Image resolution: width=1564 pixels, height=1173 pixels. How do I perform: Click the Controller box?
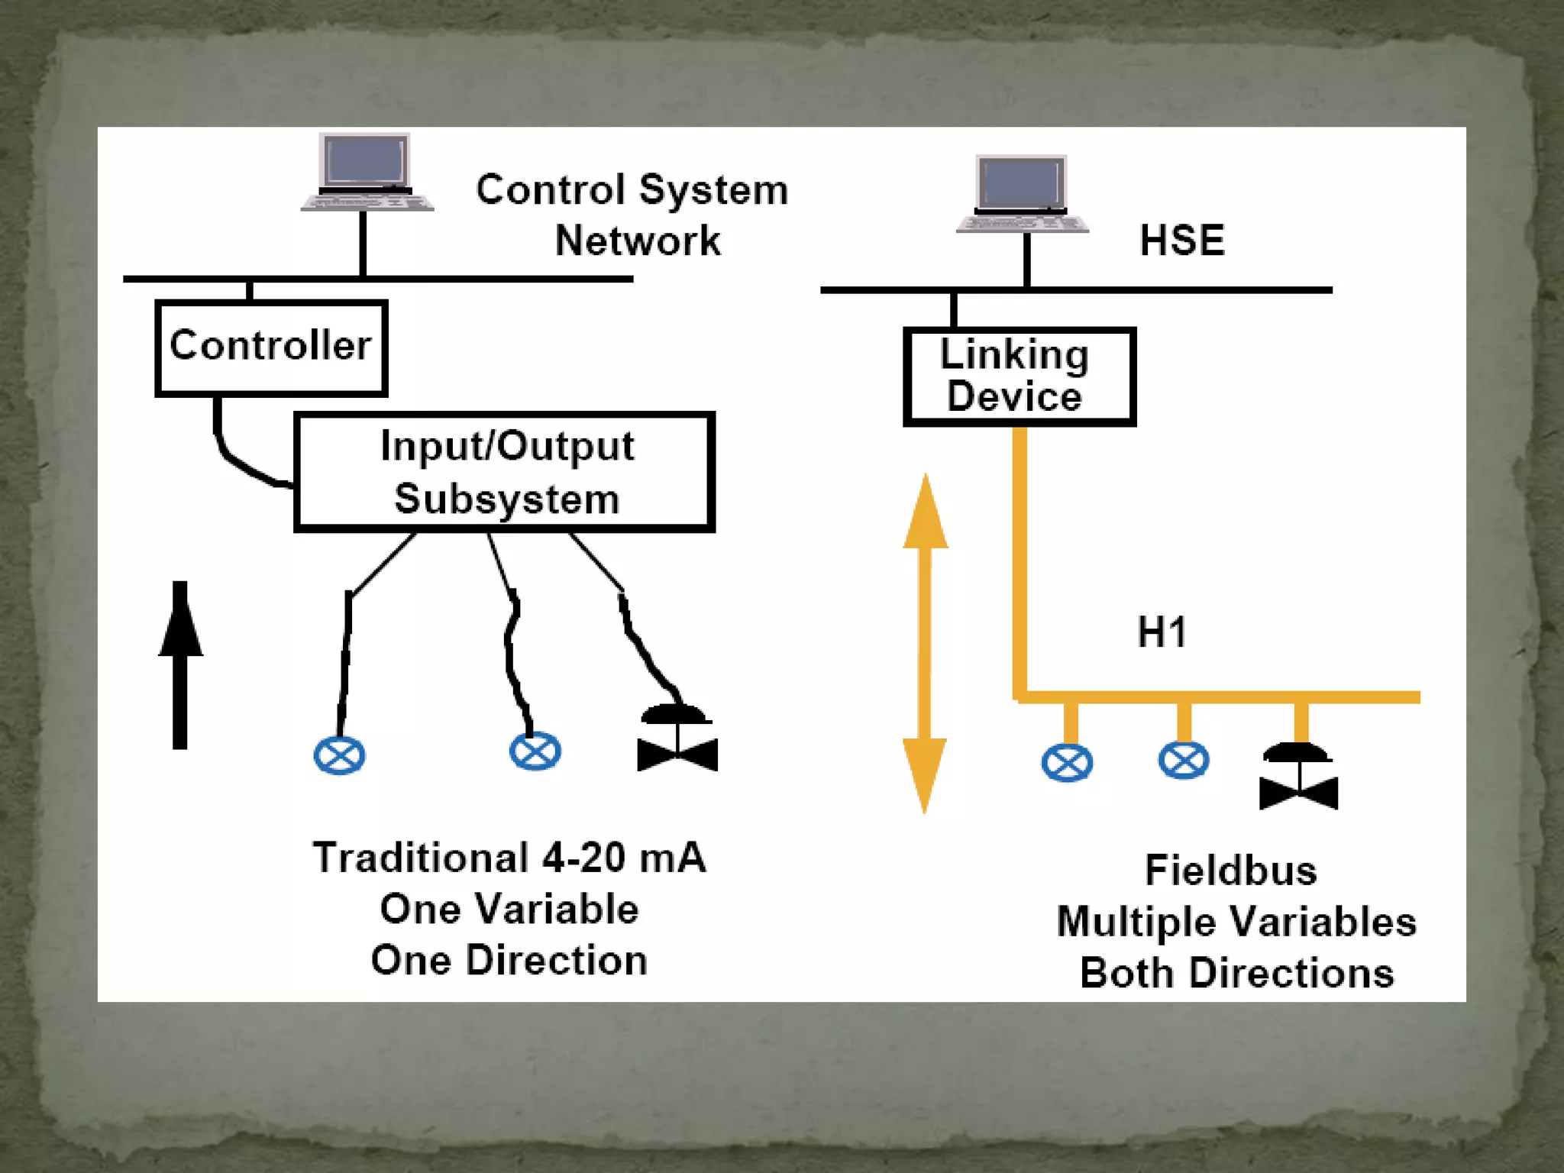[x=271, y=347]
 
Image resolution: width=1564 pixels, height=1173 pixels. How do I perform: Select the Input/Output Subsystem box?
[x=504, y=472]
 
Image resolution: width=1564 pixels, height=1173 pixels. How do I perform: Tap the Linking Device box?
[x=1019, y=376]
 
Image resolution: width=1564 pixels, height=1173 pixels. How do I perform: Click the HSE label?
[x=1181, y=241]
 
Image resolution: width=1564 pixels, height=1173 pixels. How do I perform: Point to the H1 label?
[x=1162, y=632]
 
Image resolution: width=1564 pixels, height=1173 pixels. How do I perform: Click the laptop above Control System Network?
[x=367, y=173]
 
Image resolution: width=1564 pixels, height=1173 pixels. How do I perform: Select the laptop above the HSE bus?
[x=1022, y=195]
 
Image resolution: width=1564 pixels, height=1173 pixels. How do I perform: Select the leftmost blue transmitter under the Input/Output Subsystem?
[x=339, y=756]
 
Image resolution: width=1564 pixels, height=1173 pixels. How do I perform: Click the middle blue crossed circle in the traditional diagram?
[x=535, y=751]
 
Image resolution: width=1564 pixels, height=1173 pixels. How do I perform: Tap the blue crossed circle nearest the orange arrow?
[x=1067, y=763]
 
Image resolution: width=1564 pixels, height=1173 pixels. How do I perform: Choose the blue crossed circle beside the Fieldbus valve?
[x=1183, y=761]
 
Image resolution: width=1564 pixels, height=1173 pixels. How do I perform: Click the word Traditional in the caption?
[x=421, y=858]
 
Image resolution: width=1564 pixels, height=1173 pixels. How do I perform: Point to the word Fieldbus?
[x=1230, y=871]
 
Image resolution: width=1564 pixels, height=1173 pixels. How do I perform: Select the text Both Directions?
[x=1236, y=974]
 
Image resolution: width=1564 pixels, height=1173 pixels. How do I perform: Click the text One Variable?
[x=509, y=909]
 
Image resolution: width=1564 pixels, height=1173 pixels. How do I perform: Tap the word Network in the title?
[x=637, y=241]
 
